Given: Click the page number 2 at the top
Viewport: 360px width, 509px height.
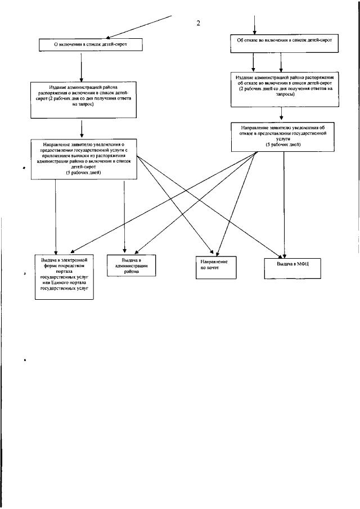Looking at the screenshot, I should coord(198,24).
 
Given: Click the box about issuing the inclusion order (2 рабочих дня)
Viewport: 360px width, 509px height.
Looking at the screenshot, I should coord(82,100).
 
